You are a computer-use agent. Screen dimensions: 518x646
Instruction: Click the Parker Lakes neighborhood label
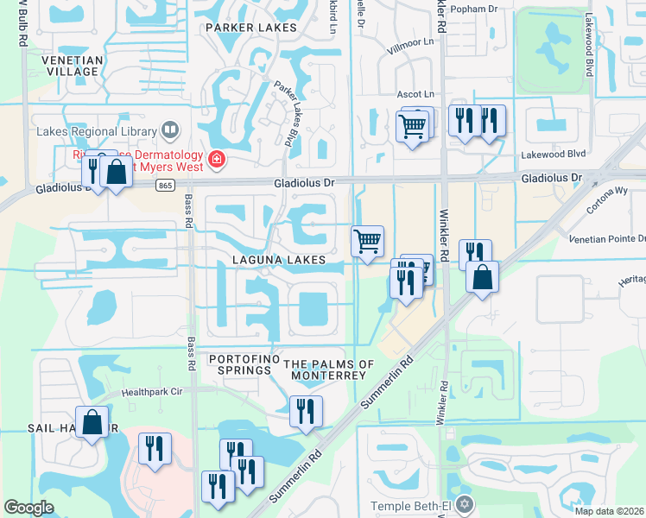click(x=250, y=28)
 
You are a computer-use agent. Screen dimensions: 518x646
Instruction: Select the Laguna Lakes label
click(x=278, y=260)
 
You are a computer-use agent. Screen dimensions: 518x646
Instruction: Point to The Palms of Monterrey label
click(x=329, y=370)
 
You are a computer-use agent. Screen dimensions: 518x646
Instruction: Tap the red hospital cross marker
click(x=214, y=159)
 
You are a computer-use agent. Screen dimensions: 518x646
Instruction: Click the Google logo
click(x=29, y=508)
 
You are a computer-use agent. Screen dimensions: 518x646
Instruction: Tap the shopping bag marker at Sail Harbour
click(x=92, y=422)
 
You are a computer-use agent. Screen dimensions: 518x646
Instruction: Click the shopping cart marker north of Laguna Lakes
click(x=368, y=241)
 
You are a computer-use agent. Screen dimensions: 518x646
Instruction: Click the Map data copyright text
click(x=610, y=511)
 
